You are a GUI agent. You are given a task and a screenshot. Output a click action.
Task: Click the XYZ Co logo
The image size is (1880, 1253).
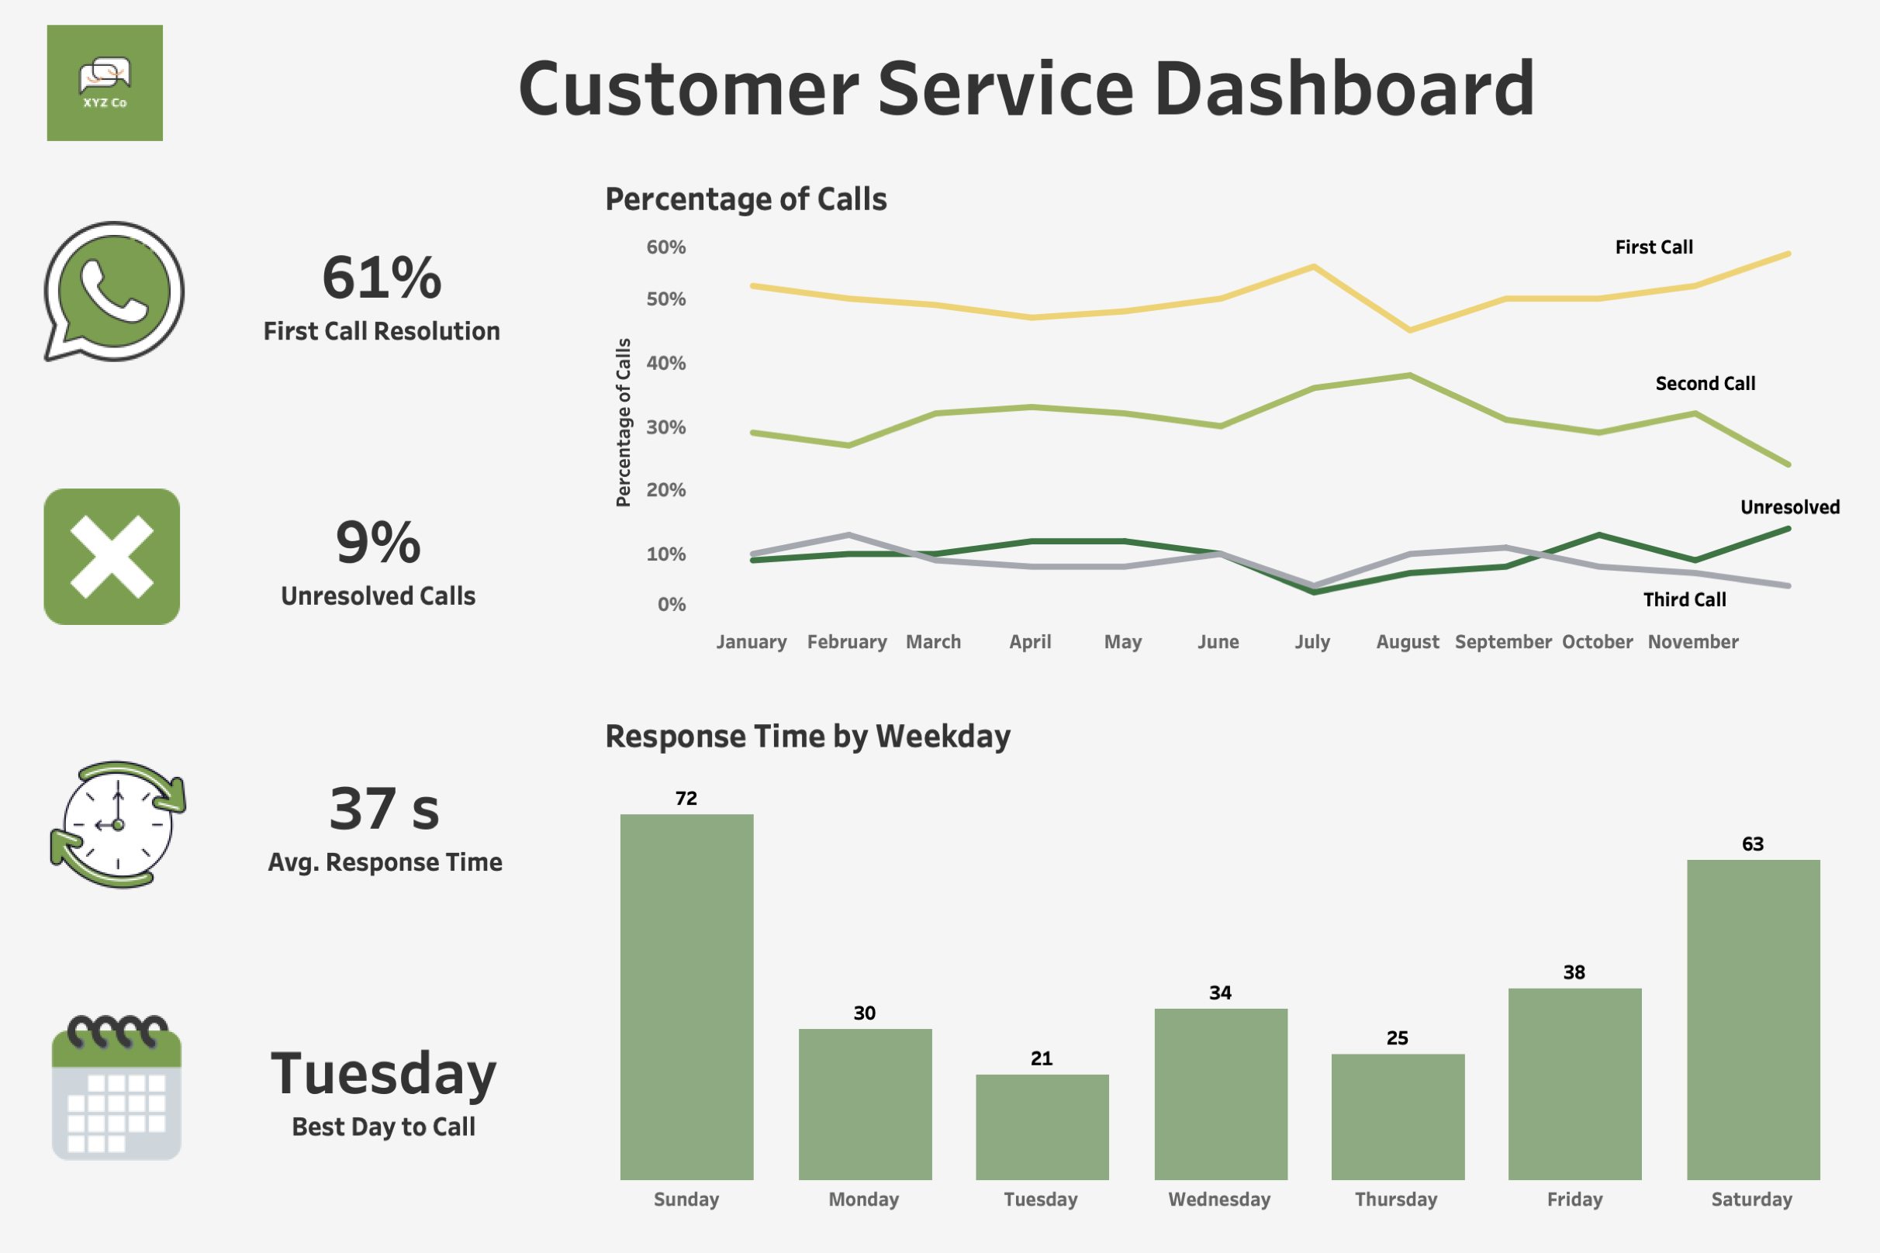click(x=105, y=83)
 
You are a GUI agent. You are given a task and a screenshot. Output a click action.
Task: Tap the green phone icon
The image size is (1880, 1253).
click(x=114, y=291)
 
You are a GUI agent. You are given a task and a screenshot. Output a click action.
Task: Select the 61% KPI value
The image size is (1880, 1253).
click(x=382, y=278)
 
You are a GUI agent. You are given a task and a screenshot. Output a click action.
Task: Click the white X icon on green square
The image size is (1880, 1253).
click(x=112, y=556)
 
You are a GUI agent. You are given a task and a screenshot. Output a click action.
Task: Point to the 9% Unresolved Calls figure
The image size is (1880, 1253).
click(x=378, y=543)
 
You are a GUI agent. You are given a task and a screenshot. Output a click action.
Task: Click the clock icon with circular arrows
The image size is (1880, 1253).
click(x=118, y=825)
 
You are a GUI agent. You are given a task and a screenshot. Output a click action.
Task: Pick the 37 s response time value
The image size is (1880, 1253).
click(x=385, y=809)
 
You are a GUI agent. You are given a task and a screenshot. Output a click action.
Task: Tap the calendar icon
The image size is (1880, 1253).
click(x=116, y=1089)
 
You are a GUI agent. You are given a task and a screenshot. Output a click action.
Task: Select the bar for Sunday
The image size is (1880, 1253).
click(x=686, y=996)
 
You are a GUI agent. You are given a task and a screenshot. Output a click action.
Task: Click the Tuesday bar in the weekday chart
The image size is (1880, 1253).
click(x=1042, y=1127)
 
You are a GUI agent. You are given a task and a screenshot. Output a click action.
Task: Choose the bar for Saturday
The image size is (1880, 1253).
click(x=1753, y=1019)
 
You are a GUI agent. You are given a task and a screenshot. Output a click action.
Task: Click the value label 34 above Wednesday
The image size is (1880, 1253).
click(x=1220, y=992)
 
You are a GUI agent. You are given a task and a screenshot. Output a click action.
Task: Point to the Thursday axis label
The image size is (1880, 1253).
click(x=1395, y=1199)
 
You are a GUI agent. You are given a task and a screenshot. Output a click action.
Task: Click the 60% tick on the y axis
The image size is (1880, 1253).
click(x=665, y=247)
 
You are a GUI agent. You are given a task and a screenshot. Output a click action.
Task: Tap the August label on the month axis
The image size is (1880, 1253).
click(x=1407, y=642)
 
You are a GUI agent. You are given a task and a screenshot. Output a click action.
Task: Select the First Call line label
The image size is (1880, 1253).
click(x=1654, y=247)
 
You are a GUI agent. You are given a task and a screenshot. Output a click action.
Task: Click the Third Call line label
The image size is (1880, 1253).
click(x=1685, y=600)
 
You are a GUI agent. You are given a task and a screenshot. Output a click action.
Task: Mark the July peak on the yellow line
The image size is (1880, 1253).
click(x=1313, y=267)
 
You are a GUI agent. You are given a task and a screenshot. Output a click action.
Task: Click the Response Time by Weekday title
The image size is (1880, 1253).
click(x=807, y=736)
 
